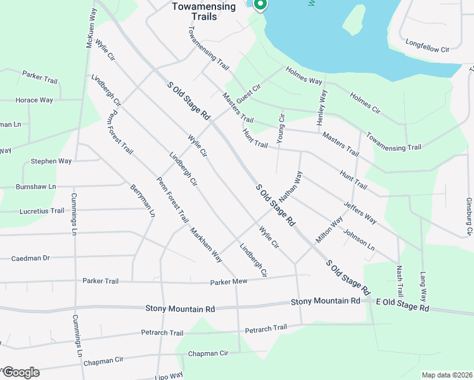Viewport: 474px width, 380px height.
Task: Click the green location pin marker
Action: [259, 4]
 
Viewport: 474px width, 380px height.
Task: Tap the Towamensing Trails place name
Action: [203, 11]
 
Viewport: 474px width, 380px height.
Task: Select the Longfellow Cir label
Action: [427, 48]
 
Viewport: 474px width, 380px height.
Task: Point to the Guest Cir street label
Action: [248, 93]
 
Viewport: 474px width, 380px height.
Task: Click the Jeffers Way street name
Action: [360, 213]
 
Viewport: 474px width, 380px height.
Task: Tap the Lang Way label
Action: [423, 286]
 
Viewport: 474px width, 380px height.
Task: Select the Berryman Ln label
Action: [143, 201]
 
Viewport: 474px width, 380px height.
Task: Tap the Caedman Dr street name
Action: [30, 258]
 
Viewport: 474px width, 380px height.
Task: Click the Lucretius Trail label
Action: [42, 211]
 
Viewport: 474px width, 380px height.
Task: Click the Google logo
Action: [20, 372]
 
